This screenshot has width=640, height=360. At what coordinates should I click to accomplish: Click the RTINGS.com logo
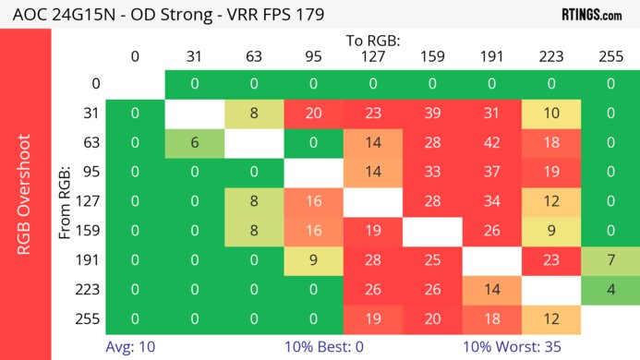(591, 14)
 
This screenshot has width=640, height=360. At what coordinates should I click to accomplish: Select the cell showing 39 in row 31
(431, 113)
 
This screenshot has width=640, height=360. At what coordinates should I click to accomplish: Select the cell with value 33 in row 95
(431, 172)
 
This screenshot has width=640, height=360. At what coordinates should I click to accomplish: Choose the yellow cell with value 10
(550, 113)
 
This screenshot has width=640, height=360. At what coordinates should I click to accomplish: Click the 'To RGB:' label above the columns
(372, 42)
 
